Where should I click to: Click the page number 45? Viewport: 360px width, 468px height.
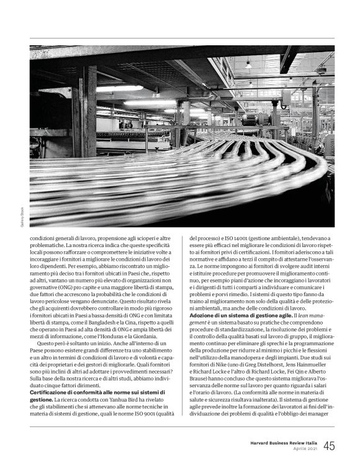coord(329,446)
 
